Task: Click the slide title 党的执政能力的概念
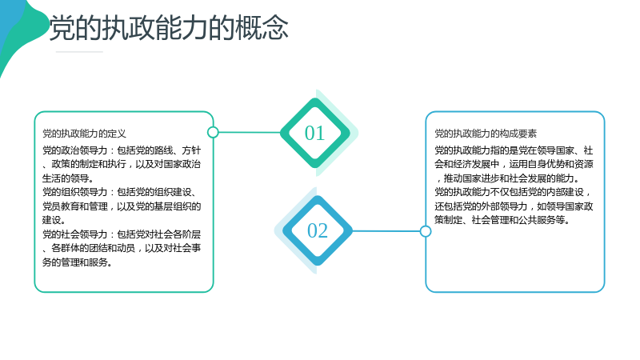pos(169,28)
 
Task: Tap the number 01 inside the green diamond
pos(314,133)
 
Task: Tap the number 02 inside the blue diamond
pos(317,230)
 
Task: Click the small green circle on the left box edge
pos(213,132)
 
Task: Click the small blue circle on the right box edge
pos(426,231)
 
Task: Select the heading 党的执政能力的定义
pos(85,134)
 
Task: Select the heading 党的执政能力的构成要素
pos(486,134)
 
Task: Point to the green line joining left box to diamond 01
pos(250,132)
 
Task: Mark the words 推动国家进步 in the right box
pos(471,178)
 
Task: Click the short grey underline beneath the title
pos(79,52)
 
